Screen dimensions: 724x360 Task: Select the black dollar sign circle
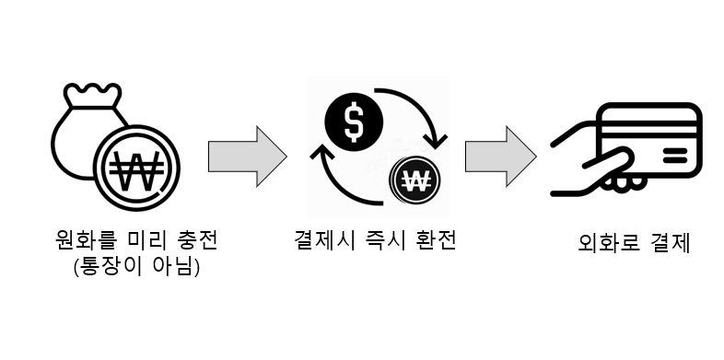354,122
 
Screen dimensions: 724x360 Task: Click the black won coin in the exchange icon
415,181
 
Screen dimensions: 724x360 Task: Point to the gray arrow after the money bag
248,157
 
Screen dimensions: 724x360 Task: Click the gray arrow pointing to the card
500,157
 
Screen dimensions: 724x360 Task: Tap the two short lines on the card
675,156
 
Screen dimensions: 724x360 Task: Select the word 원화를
82,240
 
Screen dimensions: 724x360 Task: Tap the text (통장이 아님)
136,267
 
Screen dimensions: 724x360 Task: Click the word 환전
437,240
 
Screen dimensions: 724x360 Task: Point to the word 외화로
608,243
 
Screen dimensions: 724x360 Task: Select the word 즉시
386,240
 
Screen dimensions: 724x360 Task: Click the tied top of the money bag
92,95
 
